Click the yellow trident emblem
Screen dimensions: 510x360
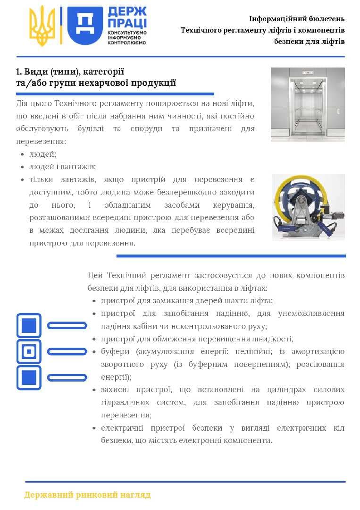(42, 26)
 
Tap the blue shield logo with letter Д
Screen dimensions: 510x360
(85, 26)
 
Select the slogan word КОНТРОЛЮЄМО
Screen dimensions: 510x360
(127, 42)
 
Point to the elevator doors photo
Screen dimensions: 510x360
(308, 104)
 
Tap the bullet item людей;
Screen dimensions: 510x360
(42, 154)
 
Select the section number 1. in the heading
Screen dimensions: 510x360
(19, 72)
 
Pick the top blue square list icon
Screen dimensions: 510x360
(29, 325)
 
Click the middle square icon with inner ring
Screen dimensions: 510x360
(29, 351)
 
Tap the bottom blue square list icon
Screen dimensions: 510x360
(29, 377)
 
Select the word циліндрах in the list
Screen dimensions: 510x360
(285, 390)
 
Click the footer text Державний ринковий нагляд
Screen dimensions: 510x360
(87, 495)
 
